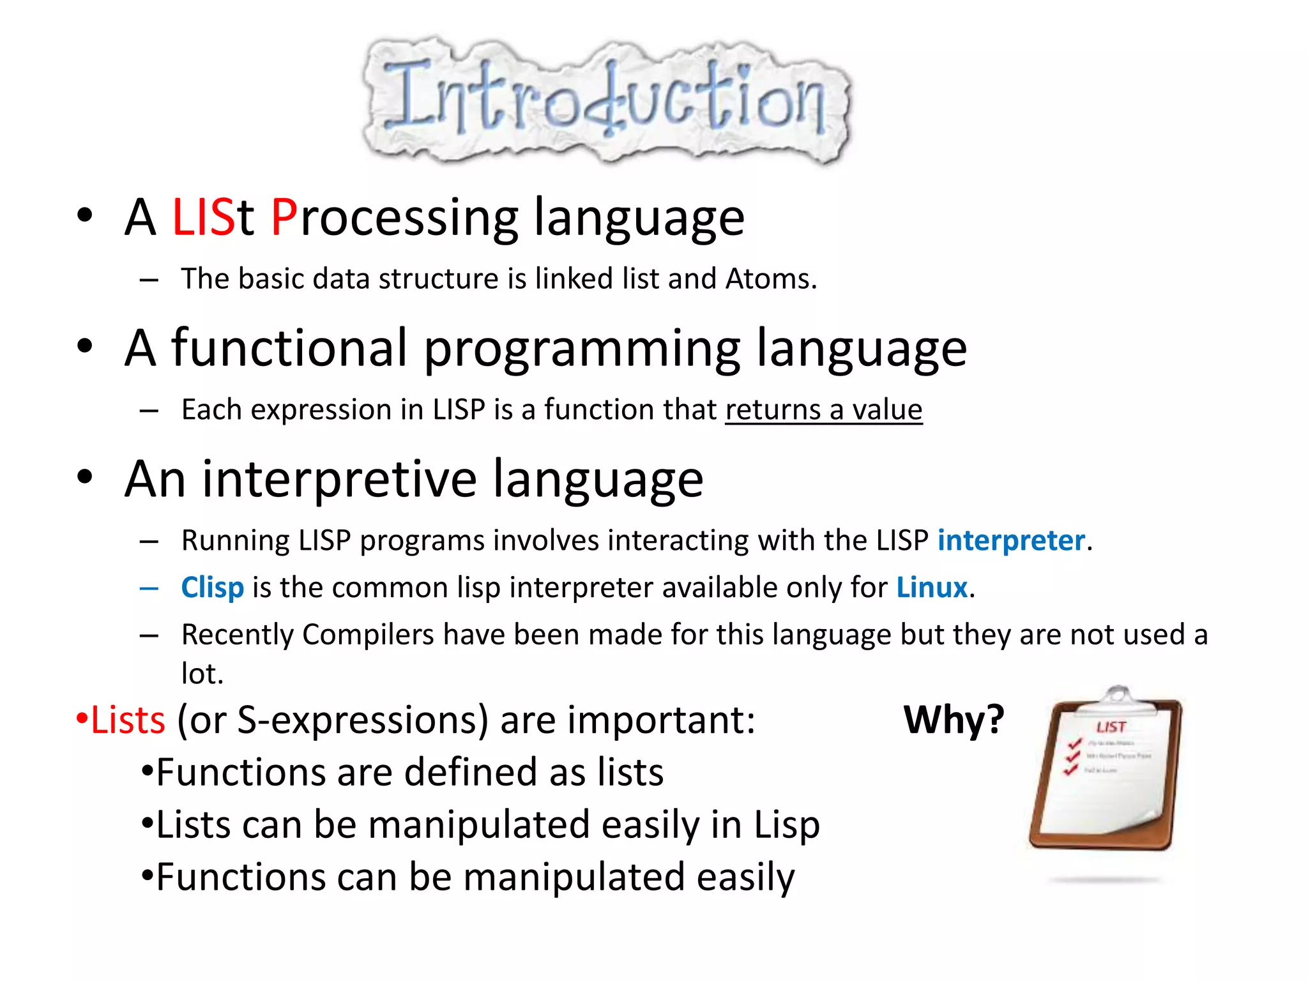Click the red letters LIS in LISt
click(203, 218)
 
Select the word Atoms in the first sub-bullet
click(770, 279)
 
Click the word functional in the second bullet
click(289, 348)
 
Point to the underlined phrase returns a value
click(823, 410)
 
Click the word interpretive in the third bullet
click(339, 479)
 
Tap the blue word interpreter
click(1011, 541)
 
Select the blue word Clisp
click(212, 588)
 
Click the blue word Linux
click(932, 588)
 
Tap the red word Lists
click(128, 721)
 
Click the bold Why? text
click(954, 720)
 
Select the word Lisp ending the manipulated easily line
click(787, 825)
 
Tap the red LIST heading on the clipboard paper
click(1111, 727)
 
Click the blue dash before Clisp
click(149, 588)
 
